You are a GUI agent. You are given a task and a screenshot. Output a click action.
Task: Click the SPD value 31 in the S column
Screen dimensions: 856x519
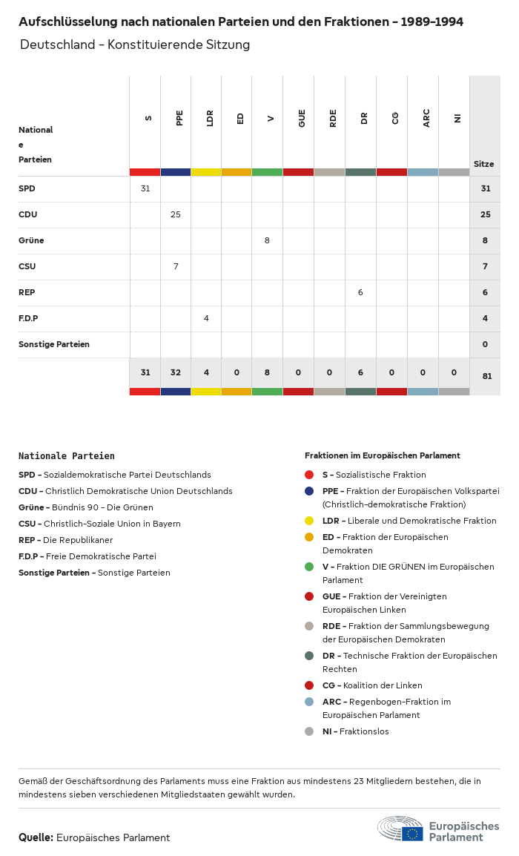(x=145, y=188)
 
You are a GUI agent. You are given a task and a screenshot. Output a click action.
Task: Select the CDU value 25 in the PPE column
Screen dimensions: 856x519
(x=176, y=214)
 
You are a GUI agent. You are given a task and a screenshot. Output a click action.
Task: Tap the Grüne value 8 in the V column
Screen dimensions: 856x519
(x=267, y=240)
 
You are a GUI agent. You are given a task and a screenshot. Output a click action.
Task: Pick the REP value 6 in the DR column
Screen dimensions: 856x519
(x=360, y=292)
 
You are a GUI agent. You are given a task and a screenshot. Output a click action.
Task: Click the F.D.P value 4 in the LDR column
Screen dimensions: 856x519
(x=206, y=318)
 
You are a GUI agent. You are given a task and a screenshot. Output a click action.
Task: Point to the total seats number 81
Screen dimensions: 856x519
(x=486, y=376)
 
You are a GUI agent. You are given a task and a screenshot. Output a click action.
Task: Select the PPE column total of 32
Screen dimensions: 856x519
(x=176, y=372)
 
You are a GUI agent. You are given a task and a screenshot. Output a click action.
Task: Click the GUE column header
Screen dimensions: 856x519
(x=302, y=119)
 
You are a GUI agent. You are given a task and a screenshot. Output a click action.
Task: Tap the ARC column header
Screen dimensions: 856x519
(x=426, y=119)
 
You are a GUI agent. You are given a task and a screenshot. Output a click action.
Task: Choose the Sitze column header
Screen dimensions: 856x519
(x=483, y=164)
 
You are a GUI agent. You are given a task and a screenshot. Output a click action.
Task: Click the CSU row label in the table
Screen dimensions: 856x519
(x=27, y=266)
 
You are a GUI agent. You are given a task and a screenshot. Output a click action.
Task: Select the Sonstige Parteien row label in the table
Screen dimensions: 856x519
(x=54, y=344)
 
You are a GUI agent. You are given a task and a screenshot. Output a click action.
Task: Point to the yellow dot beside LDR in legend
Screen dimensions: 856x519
(x=309, y=521)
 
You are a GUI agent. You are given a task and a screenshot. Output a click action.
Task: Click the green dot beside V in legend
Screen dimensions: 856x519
(x=309, y=567)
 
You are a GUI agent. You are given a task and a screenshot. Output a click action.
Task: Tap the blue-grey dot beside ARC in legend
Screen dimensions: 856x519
(x=309, y=702)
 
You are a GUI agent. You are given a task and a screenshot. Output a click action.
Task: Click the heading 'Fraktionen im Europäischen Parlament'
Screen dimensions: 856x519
(x=382, y=455)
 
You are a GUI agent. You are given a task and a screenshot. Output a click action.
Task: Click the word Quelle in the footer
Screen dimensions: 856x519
(x=36, y=837)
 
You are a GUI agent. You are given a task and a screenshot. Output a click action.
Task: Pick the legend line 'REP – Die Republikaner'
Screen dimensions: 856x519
(x=65, y=540)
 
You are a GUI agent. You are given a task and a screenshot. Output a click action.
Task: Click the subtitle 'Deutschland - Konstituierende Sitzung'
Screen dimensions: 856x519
(x=135, y=45)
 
